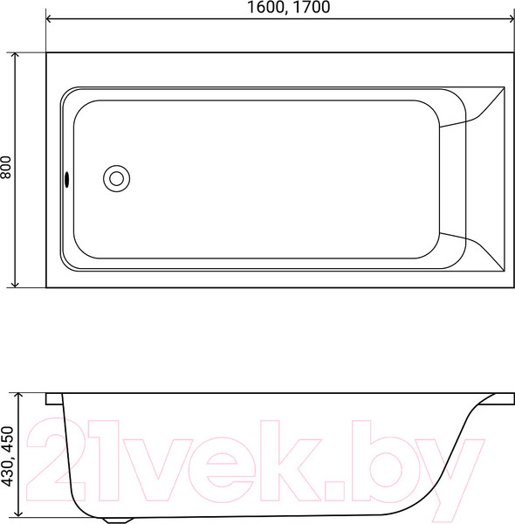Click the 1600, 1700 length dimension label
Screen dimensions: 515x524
pos(289,7)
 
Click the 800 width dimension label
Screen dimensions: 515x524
pos(7,168)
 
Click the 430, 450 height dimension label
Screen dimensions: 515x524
pos(7,456)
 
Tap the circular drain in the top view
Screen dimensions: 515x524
pos(117,178)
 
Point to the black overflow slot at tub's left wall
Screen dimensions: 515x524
pos(67,179)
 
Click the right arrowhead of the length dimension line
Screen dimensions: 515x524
pos(511,18)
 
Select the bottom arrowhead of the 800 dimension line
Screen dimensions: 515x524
pos(15,283)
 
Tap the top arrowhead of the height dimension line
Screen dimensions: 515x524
pos(19,396)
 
